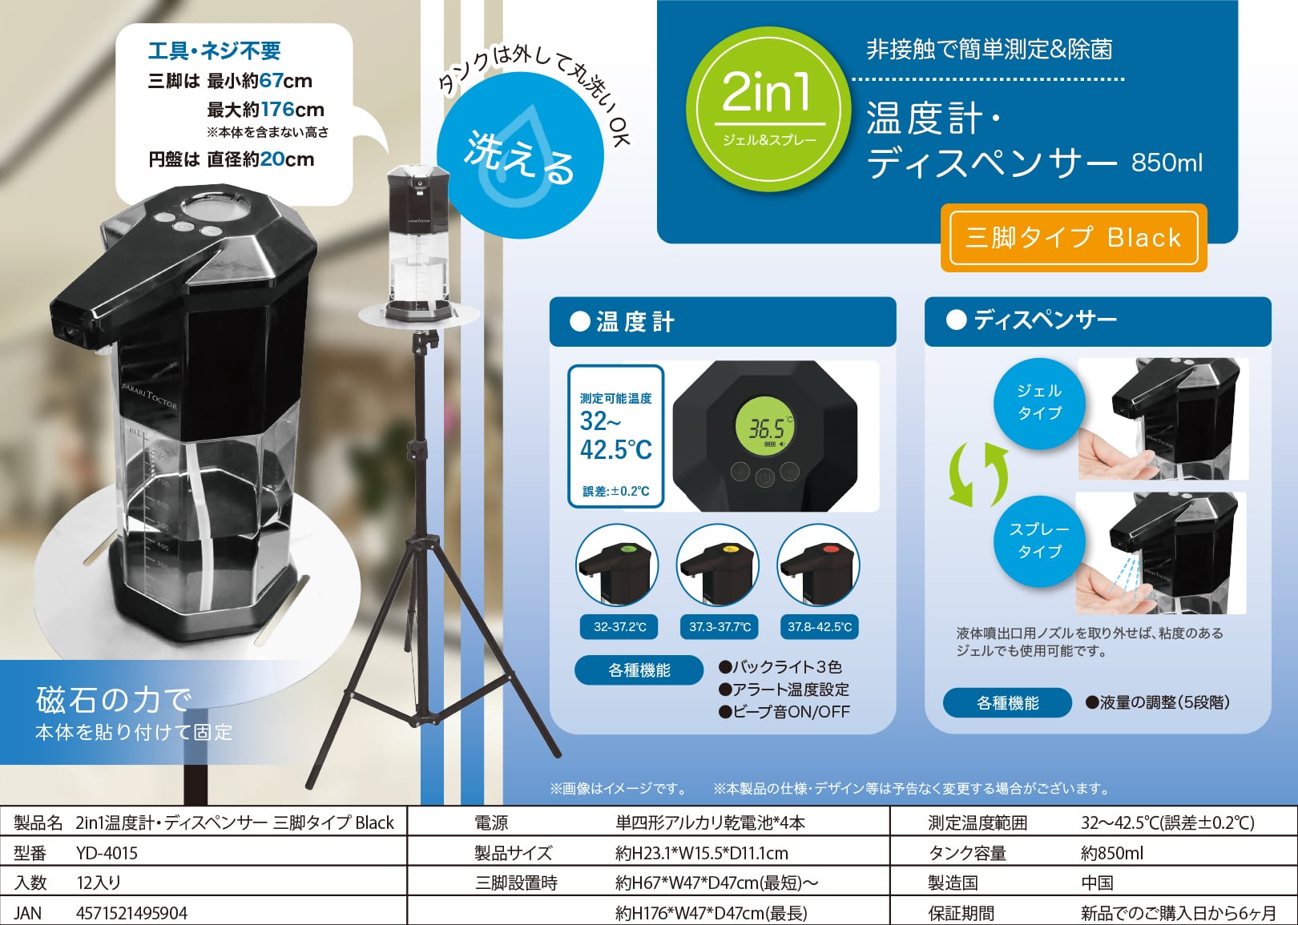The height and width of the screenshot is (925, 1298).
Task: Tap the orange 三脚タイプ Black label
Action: coord(1073,237)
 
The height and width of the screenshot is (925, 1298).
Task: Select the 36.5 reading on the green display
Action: coord(765,429)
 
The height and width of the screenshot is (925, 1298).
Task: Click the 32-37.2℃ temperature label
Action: coord(619,626)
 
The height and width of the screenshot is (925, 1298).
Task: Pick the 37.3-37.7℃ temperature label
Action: coord(720,626)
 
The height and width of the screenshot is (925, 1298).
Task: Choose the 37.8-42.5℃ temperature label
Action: coord(819,626)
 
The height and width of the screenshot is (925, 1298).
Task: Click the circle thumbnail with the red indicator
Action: coord(818,565)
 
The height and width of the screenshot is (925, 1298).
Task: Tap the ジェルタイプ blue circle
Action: coord(1038,402)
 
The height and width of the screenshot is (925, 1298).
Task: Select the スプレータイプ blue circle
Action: coord(1038,541)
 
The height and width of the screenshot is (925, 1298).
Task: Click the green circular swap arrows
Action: coord(978,474)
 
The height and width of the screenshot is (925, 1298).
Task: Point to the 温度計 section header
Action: coord(722,322)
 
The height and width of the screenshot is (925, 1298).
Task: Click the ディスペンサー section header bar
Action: coord(1098,321)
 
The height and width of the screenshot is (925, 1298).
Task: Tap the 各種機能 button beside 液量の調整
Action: coord(1007,702)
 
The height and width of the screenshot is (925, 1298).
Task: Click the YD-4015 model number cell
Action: coord(107,853)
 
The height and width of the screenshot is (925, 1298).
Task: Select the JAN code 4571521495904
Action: coord(131,913)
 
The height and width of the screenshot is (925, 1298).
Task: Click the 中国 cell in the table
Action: coord(1097,883)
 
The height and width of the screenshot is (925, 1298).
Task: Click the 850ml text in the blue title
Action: coord(1167,163)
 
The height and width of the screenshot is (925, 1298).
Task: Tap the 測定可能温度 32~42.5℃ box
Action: coord(615,436)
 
